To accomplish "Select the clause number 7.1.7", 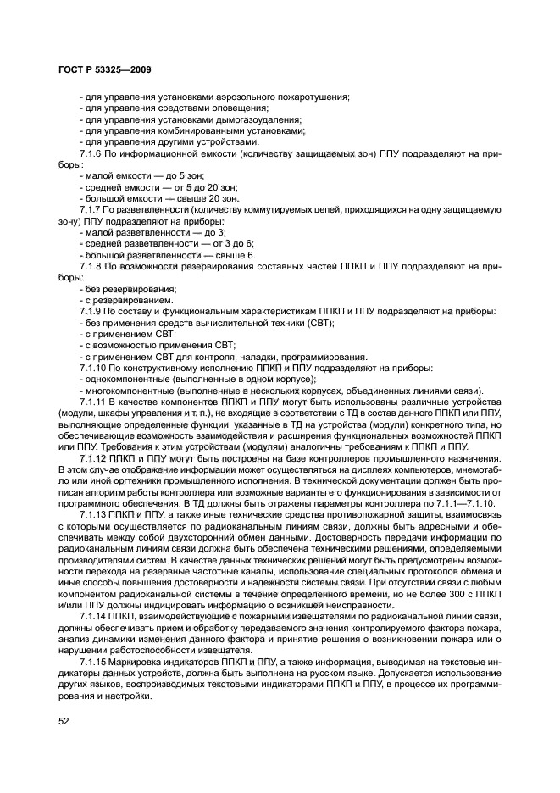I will pyautogui.click(x=91, y=209).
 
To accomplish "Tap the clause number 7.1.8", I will pyautogui.click(x=91, y=266).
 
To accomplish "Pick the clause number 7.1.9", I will pyautogui.click(x=91, y=311).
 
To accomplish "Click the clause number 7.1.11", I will pyautogui.click(x=94, y=401).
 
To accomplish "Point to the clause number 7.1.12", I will pyautogui.click(x=94, y=457).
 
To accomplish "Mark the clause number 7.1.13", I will pyautogui.click(x=94, y=513).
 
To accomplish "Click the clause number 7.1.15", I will pyautogui.click(x=94, y=661).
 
